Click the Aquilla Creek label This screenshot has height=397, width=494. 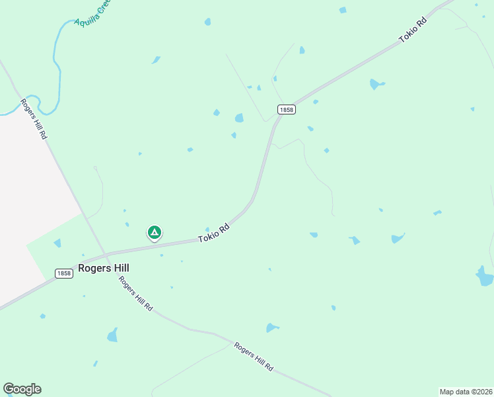93,13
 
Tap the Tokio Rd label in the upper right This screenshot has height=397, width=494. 413,30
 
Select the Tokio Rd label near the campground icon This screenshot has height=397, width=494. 215,233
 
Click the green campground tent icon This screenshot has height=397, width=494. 154,232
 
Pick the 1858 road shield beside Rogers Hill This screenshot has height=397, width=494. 63,273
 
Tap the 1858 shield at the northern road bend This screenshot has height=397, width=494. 286,109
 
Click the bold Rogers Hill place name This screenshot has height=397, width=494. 103,268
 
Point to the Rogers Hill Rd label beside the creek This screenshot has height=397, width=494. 34,118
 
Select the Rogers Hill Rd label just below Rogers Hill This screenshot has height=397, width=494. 136,294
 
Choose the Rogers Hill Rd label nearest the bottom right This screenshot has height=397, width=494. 254,357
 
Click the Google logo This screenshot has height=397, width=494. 22,389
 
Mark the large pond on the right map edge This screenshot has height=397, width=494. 485,277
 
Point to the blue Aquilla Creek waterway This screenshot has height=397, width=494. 59,66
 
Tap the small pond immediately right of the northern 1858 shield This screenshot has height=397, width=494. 316,102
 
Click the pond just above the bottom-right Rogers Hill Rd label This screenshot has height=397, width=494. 272,328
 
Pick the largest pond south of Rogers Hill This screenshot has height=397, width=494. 112,335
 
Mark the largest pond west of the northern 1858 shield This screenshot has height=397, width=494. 239,118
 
